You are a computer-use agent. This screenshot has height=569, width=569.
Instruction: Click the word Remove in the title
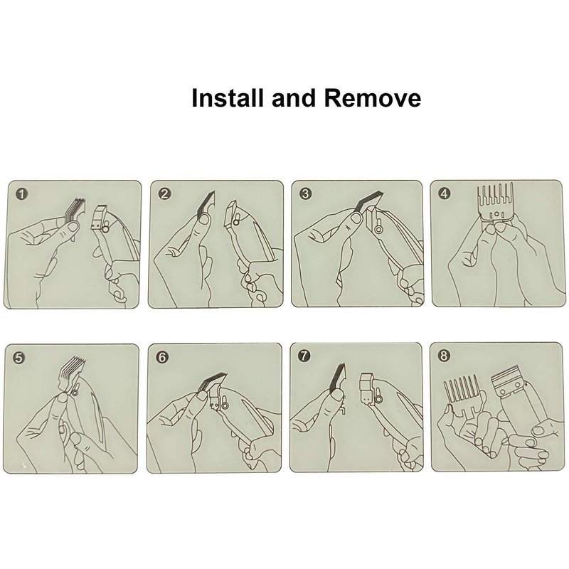(x=373, y=98)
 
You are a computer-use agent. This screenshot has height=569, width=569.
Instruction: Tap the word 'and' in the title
(x=293, y=98)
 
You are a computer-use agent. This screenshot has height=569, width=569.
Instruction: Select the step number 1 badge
(x=22, y=194)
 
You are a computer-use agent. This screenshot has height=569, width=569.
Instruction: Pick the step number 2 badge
(x=164, y=193)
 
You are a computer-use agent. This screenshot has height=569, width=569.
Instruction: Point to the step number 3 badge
(x=306, y=193)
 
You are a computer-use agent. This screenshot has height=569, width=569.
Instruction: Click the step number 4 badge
(x=444, y=193)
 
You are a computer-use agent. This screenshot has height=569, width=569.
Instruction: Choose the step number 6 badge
(x=162, y=357)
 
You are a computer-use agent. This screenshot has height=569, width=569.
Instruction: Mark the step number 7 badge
(x=304, y=356)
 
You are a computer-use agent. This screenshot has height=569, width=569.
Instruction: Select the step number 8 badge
(x=443, y=356)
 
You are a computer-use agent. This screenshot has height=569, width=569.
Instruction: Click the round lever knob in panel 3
(x=379, y=229)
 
